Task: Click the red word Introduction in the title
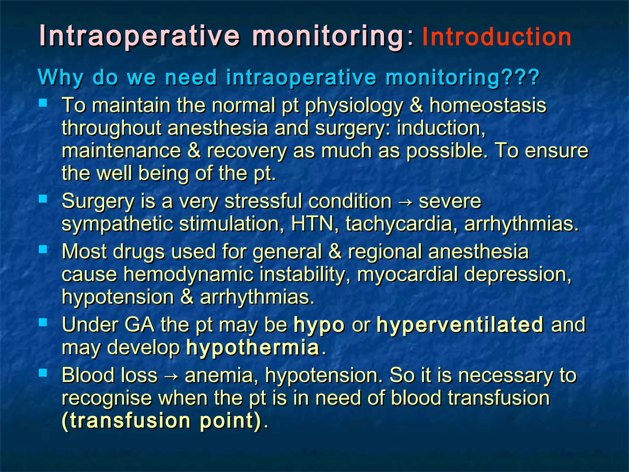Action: [497, 37]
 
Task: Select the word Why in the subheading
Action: [61, 77]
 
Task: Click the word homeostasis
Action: [488, 105]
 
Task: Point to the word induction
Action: [441, 128]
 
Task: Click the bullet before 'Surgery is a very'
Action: [43, 199]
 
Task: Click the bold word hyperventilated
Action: [460, 325]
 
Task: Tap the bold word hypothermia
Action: [253, 348]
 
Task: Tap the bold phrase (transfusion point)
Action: [162, 421]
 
